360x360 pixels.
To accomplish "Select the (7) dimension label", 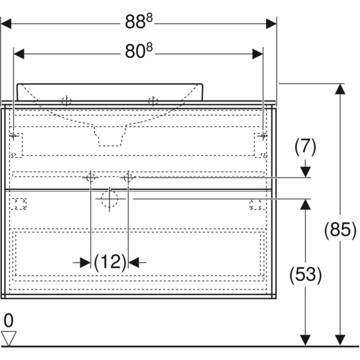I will click(305, 146).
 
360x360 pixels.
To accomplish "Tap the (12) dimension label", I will click(110, 262).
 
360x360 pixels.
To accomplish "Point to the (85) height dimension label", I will click(339, 230).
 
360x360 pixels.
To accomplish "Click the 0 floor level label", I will click(8, 320).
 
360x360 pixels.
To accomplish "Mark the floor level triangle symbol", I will click(8, 338).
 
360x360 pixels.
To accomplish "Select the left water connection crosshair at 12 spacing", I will click(91, 178).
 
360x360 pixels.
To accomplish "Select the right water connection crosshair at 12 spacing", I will click(128, 178).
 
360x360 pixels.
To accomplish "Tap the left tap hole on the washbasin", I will click(67, 101).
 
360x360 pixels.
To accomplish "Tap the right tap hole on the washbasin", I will click(153, 101).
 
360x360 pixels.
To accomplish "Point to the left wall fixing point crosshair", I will click(13, 136).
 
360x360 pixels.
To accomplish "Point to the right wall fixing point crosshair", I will click(263, 136).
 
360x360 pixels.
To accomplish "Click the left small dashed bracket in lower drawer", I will click(20, 204).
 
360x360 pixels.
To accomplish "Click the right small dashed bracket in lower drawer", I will click(256, 204).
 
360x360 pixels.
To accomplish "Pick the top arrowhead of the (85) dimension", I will click(340, 89).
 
